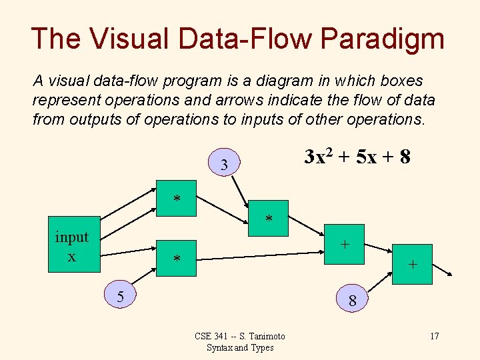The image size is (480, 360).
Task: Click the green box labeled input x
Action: pos(72,245)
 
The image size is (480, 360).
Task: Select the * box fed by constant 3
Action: pos(269,218)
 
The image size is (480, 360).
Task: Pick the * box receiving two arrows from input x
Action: pos(177,198)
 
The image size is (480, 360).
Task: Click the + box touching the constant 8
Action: pos(412,264)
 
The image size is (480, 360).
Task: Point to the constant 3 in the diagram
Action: pos(225,163)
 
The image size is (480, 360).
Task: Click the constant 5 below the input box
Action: pos(121,295)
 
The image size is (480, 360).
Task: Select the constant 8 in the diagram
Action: pos(353,301)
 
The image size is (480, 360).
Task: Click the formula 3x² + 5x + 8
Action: pos(357,158)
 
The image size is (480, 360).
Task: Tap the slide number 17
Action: pos(434,336)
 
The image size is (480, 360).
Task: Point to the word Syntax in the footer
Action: pos(217,347)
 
